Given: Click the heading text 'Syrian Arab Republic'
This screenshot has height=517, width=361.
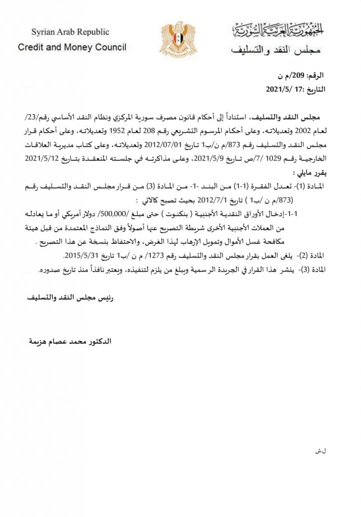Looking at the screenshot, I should coord(70,32).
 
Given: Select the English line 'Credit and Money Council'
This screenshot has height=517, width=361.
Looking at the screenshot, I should coord(72,47).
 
